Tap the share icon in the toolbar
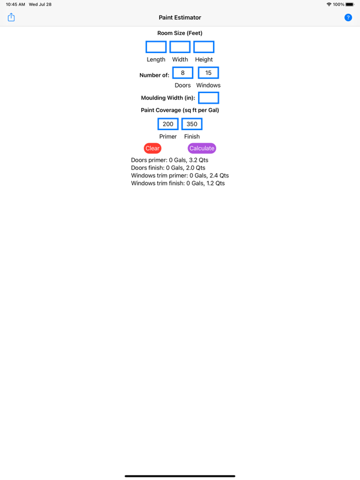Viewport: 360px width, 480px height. pos(11,17)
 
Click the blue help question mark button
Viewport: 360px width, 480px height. pos(348,17)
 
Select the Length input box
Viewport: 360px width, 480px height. pos(156,47)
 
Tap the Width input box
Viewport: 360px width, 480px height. pos(180,47)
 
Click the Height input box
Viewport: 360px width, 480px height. pos(204,47)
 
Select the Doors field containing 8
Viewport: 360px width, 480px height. pos(182,73)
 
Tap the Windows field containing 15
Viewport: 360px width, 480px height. pos(209,73)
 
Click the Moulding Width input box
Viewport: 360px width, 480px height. pos(209,98)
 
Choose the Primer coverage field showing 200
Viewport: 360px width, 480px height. pos(168,124)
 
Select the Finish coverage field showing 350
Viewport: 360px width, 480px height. pos(192,124)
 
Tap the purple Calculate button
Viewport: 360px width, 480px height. pos(202,148)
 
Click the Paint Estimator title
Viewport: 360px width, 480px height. pos(180,17)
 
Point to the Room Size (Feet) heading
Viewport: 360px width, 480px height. pos(180,33)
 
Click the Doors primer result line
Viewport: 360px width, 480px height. pos(169,160)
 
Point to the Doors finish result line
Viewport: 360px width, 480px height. pos(168,167)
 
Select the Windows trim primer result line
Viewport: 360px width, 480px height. pos(180,176)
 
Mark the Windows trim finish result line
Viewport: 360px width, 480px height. pos(178,183)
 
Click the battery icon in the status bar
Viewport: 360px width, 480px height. pos(350,4)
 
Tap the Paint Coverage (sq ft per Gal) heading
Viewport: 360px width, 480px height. pos(180,110)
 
